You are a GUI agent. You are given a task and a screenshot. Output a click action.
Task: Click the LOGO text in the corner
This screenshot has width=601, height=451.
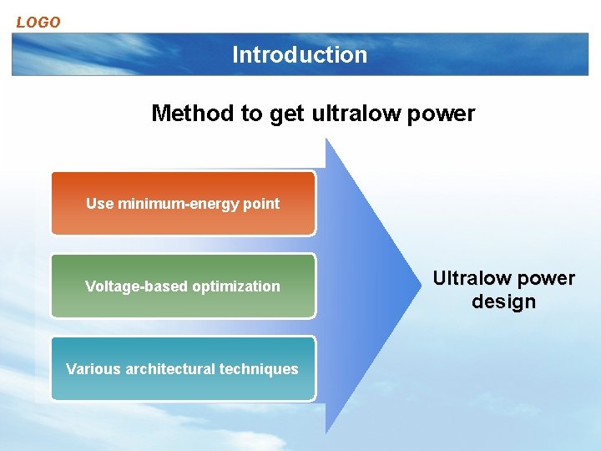pos(38,23)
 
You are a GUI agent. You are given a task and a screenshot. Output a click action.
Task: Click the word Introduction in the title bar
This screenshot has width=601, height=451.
pos(300,55)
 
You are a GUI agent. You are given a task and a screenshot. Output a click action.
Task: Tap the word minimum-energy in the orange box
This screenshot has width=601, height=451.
pos(180,204)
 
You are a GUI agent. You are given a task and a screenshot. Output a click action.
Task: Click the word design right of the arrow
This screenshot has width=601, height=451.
pos(503,302)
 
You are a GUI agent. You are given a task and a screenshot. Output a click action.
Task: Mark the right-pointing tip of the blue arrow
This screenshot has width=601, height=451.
pos(417,285)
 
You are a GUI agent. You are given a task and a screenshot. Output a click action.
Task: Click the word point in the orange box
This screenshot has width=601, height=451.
pos(262,204)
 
